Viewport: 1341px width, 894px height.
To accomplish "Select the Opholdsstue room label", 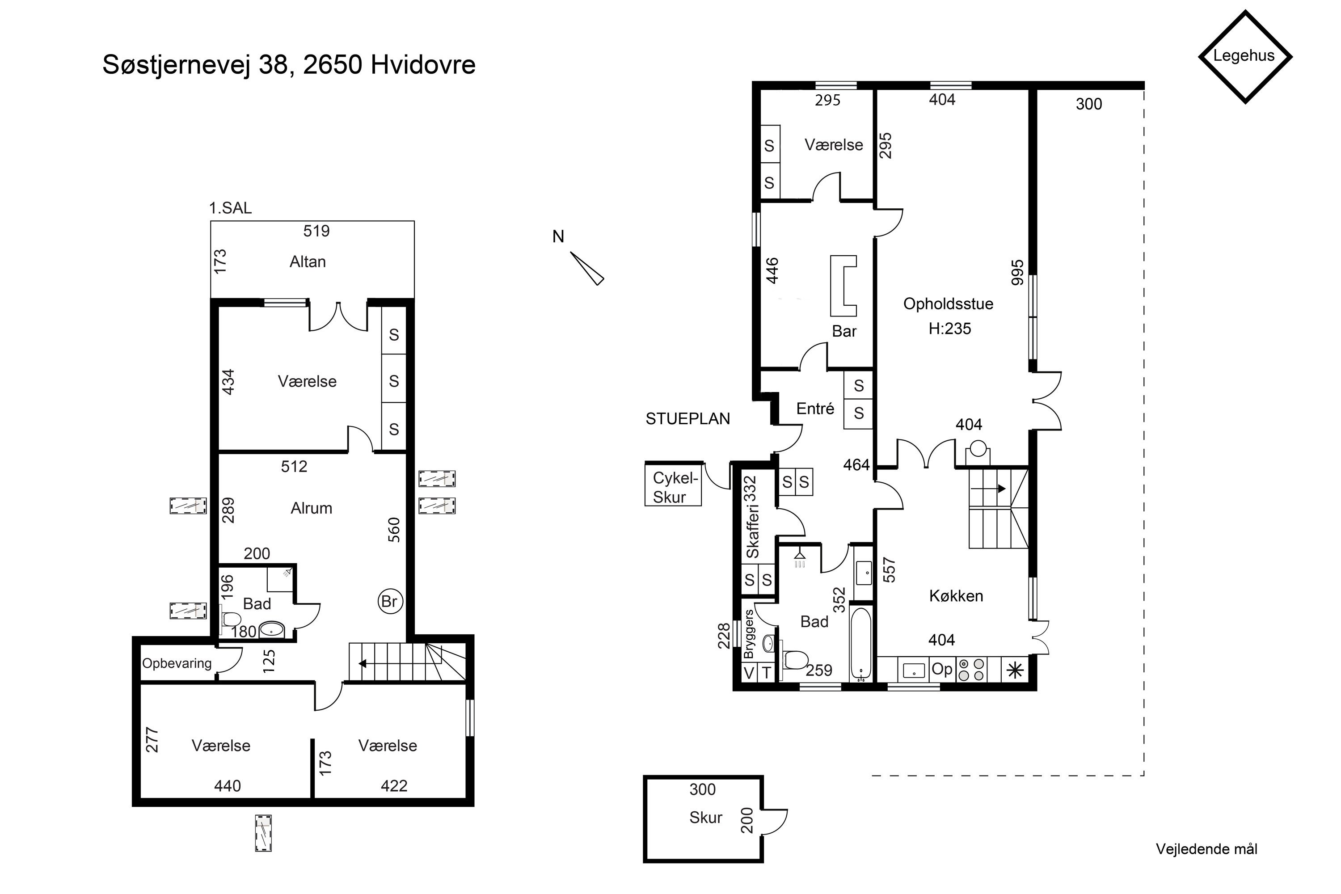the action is pos(948,304).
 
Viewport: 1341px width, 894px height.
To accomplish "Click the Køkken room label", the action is pos(956,596).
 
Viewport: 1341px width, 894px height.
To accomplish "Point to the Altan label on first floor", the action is pos(308,261).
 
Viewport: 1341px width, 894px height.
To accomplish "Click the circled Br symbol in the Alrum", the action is pos(390,602).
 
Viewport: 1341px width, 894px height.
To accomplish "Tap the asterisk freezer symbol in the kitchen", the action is pos(1015,670).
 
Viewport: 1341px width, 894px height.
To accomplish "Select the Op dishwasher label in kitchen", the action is pos(942,669).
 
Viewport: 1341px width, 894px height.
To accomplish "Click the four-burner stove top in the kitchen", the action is pos(971,670).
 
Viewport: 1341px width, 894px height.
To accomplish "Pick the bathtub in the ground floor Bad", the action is pos(861,644).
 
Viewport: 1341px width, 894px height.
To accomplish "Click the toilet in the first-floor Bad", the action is pos(230,619).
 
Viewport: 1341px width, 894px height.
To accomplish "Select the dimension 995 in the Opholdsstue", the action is pos(1018,273).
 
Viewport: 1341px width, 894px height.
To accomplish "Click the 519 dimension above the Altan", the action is pos(316,231).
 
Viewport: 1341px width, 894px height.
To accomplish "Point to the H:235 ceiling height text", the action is pos(950,329).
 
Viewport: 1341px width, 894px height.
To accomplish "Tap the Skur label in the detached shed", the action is pos(706,818).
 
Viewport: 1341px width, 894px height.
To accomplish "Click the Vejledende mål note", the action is pos(1206,850).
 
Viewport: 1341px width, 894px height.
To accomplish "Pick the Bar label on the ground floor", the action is pos(844,331).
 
